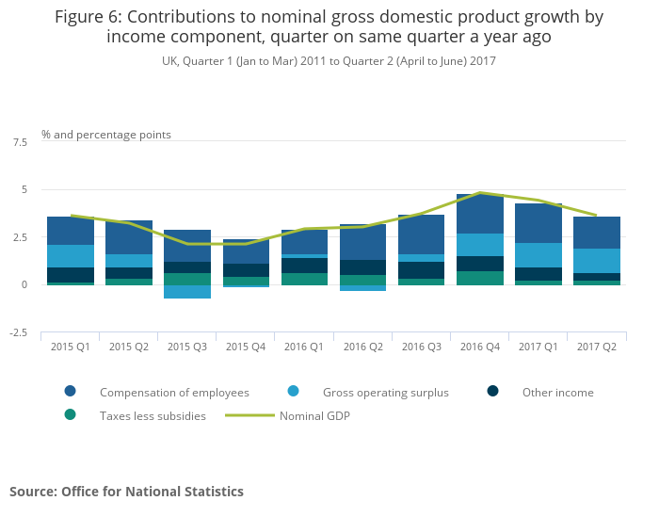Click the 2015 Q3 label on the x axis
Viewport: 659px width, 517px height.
coord(186,347)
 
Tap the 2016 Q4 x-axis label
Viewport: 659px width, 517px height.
coord(479,347)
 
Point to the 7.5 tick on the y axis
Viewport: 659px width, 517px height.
coord(19,142)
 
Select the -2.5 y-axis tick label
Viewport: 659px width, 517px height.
coord(17,333)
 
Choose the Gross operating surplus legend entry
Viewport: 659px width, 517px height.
coord(385,392)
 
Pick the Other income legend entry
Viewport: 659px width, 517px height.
coord(557,392)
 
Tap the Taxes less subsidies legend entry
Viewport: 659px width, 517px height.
coord(153,415)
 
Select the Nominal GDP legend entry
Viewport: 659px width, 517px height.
coord(314,415)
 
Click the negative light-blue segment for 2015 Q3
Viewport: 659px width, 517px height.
coord(186,292)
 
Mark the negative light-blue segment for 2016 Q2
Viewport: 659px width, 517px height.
coord(362,288)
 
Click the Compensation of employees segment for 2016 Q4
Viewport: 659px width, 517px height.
coord(479,215)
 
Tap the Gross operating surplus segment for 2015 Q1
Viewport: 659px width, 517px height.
coord(70,256)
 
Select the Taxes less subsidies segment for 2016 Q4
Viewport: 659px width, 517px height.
coord(479,278)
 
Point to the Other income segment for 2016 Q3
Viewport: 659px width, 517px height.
coord(421,270)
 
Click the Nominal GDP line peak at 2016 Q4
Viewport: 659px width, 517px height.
coord(479,193)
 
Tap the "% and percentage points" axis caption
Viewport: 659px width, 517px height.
coord(106,135)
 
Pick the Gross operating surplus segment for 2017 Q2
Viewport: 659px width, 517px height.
coord(596,261)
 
